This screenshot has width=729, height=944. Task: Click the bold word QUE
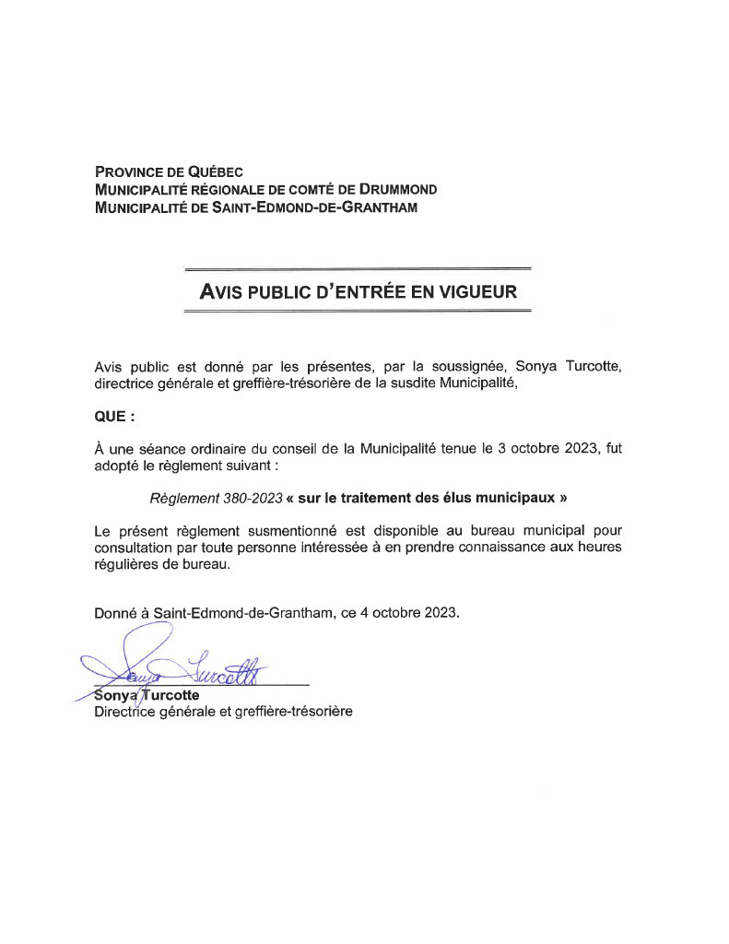pos(112,416)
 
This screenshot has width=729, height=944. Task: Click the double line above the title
pos(358,270)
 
